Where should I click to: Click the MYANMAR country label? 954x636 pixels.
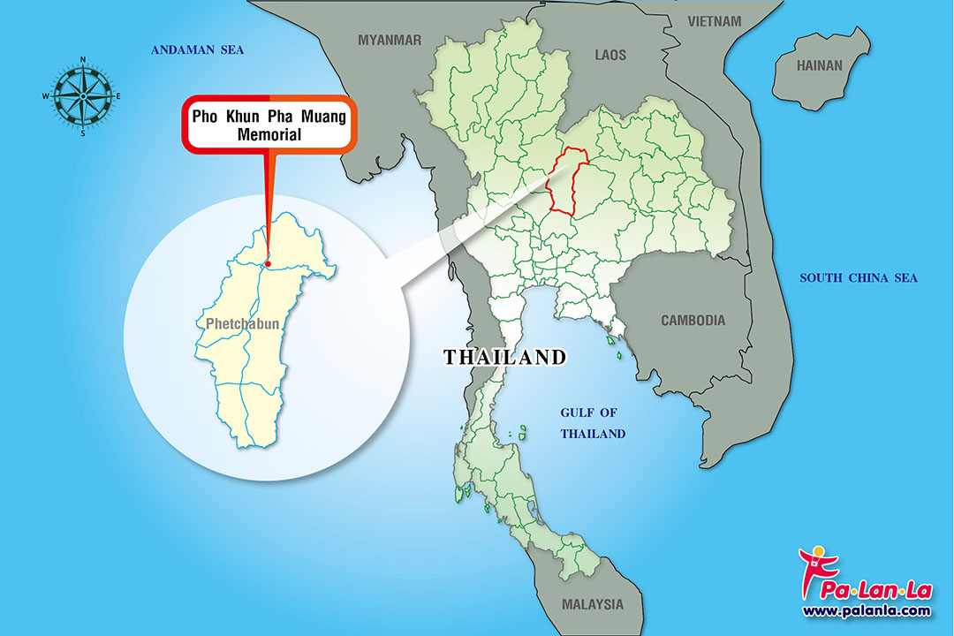click(x=390, y=40)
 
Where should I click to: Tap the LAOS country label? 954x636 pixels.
click(x=610, y=55)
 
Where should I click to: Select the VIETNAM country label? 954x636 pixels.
click(x=715, y=20)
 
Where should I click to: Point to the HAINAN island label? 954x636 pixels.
click(x=820, y=65)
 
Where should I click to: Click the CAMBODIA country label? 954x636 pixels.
click(x=693, y=321)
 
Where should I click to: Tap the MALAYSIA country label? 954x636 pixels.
click(x=592, y=605)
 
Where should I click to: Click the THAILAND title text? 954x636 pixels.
click(x=504, y=358)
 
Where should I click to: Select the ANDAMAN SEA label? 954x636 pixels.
click(x=197, y=50)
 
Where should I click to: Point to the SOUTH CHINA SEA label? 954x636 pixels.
click(x=859, y=278)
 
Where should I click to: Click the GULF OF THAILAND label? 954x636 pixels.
click(x=593, y=423)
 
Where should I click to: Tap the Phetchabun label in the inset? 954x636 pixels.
click(x=242, y=324)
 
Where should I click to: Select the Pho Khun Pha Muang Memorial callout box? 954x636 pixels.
click(x=269, y=125)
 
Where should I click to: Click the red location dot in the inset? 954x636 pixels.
click(x=267, y=263)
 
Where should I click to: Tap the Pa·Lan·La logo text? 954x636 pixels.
click(x=874, y=587)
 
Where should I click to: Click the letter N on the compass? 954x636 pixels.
click(x=82, y=60)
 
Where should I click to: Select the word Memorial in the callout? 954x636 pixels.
click(x=269, y=135)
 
